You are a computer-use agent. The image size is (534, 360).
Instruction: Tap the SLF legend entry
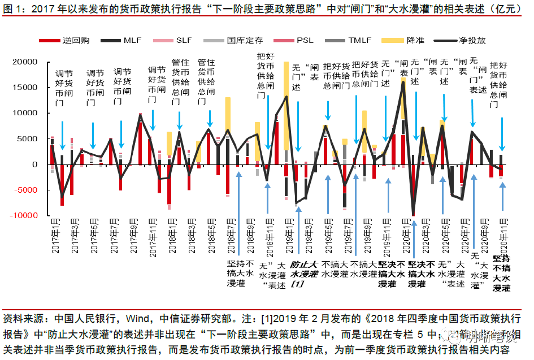click(x=184, y=40)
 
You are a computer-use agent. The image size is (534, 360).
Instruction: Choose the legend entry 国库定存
click(x=245, y=40)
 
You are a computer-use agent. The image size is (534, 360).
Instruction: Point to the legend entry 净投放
click(x=472, y=40)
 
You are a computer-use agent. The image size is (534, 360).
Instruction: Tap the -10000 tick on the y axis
click(x=25, y=216)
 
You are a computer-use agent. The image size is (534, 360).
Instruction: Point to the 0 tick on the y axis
click(x=35, y=164)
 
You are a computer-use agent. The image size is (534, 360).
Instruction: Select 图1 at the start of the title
click(x=12, y=9)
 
